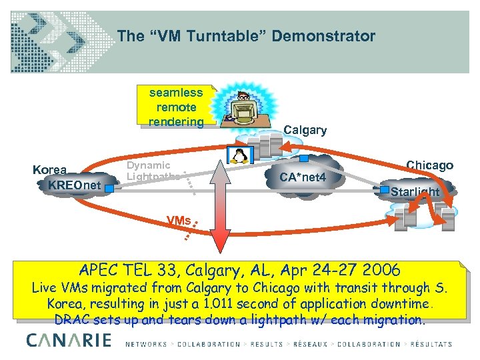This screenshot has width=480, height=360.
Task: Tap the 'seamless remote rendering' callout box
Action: point(177,107)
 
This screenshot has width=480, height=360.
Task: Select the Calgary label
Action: point(305,130)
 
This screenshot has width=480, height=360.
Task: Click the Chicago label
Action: point(429,165)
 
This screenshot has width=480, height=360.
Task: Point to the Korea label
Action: point(50,170)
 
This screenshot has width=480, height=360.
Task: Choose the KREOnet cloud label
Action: point(75,184)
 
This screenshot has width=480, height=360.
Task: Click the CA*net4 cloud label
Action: point(303,178)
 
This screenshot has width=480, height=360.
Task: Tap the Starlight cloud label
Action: point(415,192)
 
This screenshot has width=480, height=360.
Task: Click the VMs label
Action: point(178,221)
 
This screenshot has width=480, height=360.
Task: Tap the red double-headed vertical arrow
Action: point(220,213)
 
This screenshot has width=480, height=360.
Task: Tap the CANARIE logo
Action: point(68,342)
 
